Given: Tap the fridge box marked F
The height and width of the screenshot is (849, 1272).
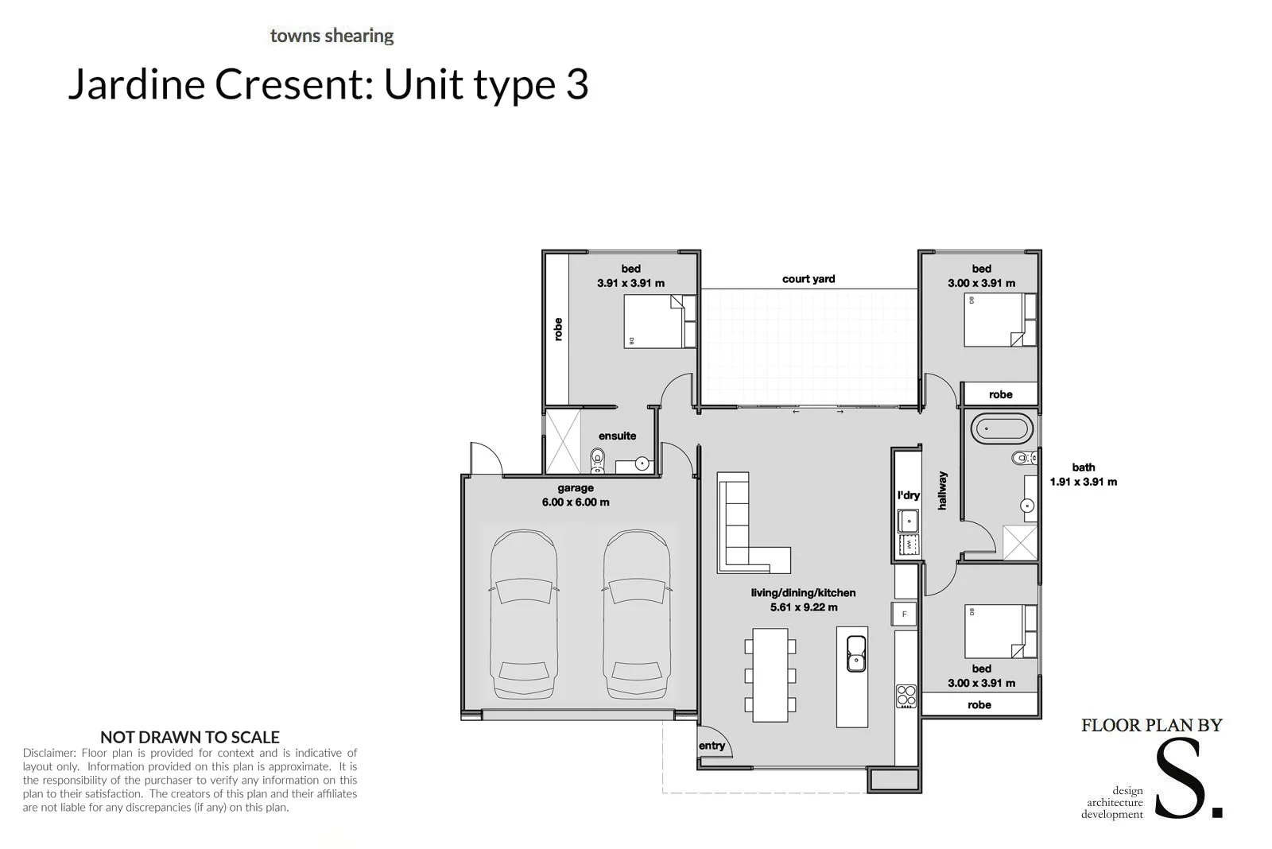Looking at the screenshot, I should tap(904, 614).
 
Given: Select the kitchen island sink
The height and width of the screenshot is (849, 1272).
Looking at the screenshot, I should tap(855, 653).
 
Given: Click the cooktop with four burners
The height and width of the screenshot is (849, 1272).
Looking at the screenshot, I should tap(906, 696).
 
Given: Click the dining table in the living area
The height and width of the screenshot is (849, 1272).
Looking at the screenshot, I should tap(770, 675).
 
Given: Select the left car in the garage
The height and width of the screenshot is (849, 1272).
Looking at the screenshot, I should tap(522, 614).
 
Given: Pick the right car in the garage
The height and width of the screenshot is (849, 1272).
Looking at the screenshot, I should tap(636, 614).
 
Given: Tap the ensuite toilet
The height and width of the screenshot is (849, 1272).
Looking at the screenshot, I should tap(598, 459).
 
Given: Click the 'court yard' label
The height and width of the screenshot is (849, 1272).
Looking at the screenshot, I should tap(808, 279).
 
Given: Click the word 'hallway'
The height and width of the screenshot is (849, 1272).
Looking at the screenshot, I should tap(942, 490).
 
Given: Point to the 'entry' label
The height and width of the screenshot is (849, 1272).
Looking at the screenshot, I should tap(712, 746).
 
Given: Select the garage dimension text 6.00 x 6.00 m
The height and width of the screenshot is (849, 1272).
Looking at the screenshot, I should tap(576, 502).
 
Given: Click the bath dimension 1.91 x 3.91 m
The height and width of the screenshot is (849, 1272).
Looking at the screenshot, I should tap(1083, 482).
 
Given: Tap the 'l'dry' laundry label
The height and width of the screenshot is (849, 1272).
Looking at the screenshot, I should tap(908, 495).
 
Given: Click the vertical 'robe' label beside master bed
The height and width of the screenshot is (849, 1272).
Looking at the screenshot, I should tap(558, 329).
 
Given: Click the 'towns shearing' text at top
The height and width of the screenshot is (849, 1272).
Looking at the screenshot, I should tap(332, 36).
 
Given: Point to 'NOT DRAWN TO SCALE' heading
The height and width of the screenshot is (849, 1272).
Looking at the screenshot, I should tap(189, 737).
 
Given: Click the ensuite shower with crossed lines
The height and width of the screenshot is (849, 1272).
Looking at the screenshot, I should tap(563, 443).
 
